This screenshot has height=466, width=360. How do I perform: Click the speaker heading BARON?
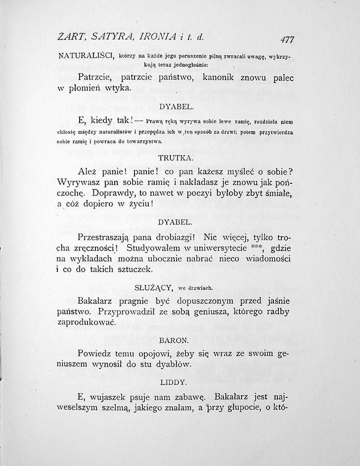(x=174, y=341)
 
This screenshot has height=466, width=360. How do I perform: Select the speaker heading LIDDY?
(x=173, y=382)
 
